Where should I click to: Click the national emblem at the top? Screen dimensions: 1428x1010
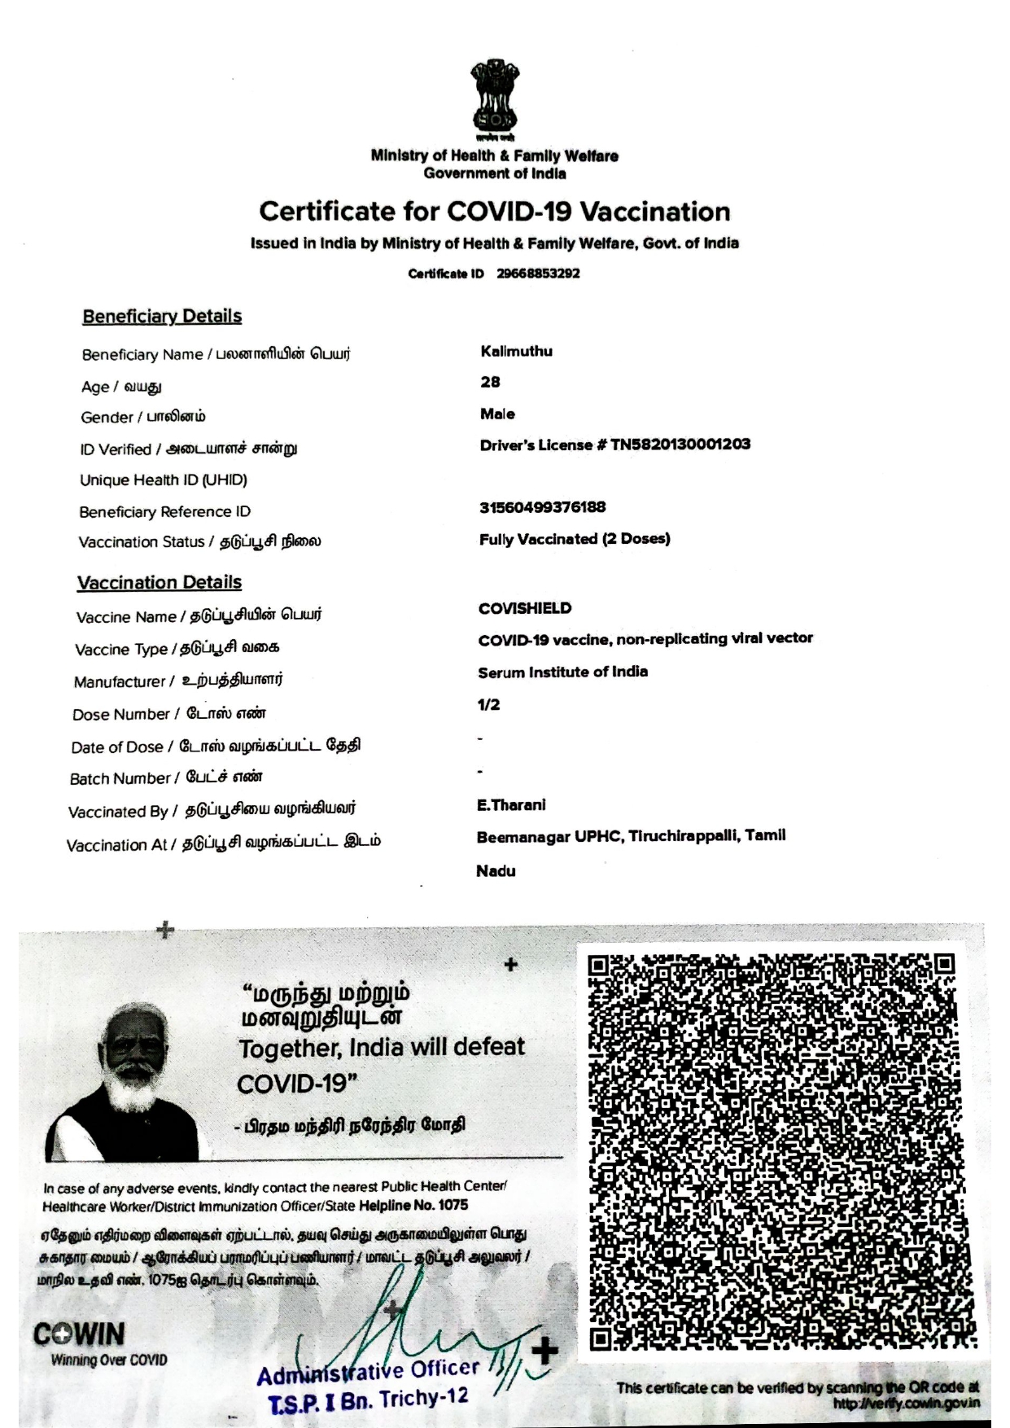(x=493, y=99)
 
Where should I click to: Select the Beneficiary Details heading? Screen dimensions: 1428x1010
(x=162, y=316)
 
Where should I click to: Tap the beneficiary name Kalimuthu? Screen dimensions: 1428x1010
(x=516, y=352)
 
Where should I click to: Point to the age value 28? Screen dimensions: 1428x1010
(x=490, y=382)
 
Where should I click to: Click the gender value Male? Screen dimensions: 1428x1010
(x=497, y=414)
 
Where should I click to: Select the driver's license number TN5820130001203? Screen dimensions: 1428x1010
(x=680, y=445)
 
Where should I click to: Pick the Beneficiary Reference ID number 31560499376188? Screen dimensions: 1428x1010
(x=542, y=507)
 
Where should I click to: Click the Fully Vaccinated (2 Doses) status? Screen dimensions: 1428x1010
(x=575, y=539)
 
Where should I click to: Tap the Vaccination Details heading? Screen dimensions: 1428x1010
(x=160, y=582)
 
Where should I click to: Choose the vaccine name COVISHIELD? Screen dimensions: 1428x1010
(x=525, y=608)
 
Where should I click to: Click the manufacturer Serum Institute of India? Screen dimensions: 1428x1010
(x=563, y=672)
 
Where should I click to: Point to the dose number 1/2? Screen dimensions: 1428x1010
(x=488, y=705)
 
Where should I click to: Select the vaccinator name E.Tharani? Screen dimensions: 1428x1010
(x=511, y=805)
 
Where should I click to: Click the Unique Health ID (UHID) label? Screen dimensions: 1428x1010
(x=164, y=480)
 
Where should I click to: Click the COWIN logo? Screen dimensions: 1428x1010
(x=80, y=1334)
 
